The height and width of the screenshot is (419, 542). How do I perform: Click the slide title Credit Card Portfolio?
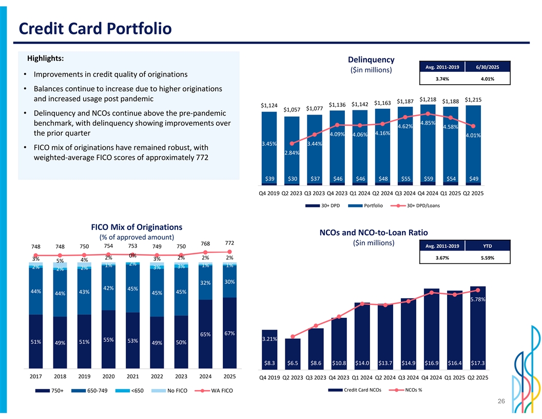[94, 28]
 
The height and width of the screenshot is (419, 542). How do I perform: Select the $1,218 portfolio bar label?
[428, 99]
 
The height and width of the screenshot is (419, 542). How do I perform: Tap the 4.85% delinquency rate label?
[428, 123]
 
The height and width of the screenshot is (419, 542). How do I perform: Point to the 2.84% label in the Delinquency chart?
[292, 153]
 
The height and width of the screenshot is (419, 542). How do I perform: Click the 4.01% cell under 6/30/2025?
[487, 79]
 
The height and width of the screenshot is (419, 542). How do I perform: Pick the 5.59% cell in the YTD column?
[487, 258]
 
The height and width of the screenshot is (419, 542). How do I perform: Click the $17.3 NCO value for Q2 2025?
[478, 363]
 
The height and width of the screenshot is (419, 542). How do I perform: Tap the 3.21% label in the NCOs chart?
[269, 339]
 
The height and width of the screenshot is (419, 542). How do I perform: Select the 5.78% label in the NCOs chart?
[478, 299]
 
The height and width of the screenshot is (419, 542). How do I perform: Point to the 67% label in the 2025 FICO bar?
[229, 333]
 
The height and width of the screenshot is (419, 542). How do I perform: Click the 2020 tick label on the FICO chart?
[108, 376]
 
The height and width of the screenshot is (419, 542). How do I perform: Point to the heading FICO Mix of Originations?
[136, 227]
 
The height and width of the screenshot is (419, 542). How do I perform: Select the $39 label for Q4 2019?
[269, 178]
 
